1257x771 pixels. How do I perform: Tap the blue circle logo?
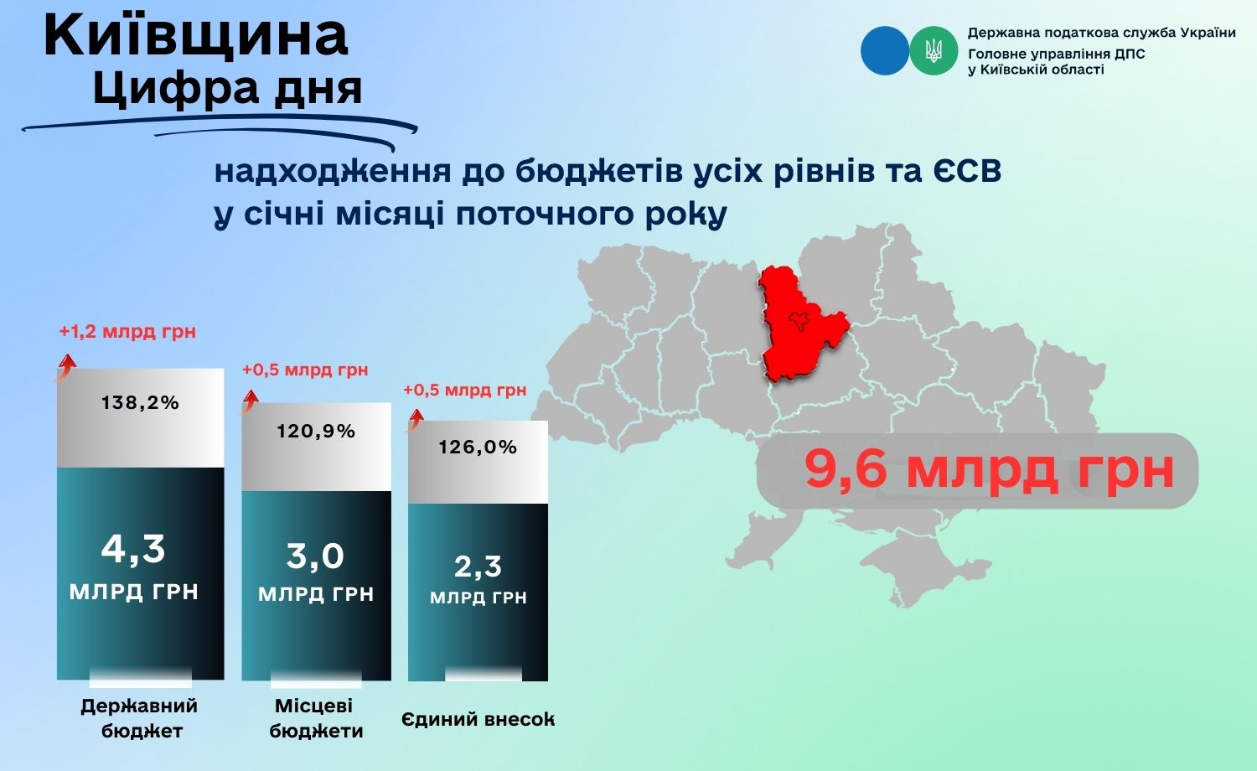(884, 50)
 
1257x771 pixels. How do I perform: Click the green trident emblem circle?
(934, 50)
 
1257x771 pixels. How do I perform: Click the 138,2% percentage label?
(140, 402)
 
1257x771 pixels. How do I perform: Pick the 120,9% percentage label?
(316, 431)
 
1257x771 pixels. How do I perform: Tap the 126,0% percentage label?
(478, 448)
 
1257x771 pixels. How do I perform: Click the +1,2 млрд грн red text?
(127, 332)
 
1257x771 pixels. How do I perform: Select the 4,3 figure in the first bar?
(133, 549)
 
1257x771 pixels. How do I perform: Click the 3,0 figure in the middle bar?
(315, 556)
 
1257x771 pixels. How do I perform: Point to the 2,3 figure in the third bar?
(478, 567)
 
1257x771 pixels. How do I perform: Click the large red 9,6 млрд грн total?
(990, 470)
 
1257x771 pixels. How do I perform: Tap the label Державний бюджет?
(140, 718)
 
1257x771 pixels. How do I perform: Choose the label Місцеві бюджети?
(316, 718)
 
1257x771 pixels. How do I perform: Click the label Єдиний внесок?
(478, 719)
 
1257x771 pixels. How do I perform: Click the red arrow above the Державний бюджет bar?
(65, 368)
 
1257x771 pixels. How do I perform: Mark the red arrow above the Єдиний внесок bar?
(415, 420)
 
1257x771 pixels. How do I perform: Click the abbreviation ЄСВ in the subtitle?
(967, 171)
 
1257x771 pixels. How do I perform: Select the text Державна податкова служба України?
(1102, 33)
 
